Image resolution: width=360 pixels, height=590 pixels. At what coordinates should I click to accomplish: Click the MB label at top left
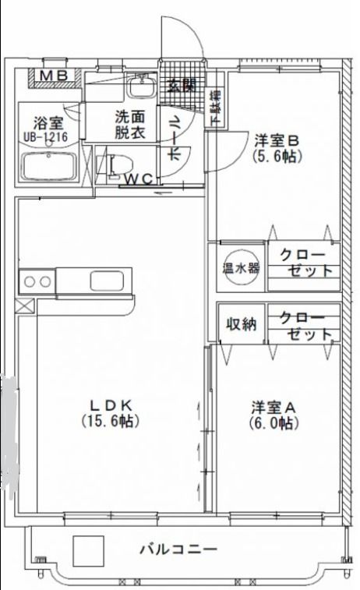55,76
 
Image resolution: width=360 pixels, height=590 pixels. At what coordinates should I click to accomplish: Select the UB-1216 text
46,136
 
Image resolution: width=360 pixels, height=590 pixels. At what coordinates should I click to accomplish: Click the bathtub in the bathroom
49,166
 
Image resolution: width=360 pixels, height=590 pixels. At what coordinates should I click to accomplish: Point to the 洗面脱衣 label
129,125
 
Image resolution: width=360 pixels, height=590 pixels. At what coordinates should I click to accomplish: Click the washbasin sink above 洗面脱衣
141,85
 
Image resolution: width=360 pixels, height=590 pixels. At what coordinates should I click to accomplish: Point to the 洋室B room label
277,141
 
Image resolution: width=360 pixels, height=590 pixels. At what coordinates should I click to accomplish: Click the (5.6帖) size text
277,156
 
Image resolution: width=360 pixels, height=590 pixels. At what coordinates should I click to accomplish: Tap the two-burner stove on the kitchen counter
37,281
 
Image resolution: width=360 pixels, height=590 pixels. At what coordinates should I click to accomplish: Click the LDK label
114,405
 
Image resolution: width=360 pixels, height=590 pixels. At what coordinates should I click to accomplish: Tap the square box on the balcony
88,551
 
